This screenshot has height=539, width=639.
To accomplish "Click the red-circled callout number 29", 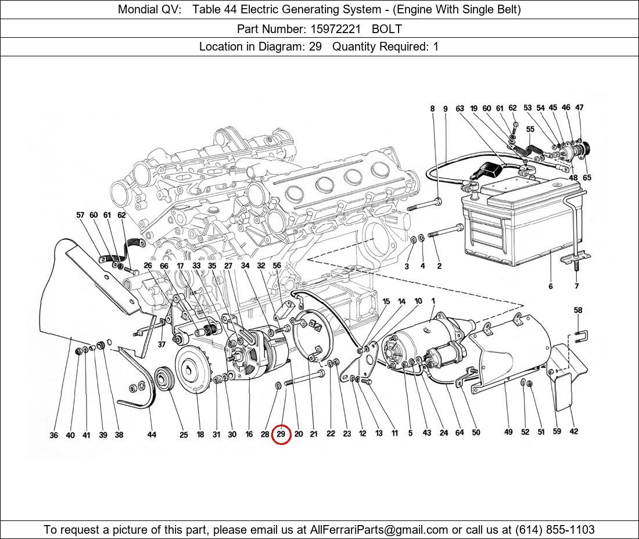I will [281, 434].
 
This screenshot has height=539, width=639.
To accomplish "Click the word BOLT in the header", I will [387, 28].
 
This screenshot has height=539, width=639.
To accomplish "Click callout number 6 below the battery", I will [550, 286].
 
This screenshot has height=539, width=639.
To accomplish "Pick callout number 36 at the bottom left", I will [53, 435].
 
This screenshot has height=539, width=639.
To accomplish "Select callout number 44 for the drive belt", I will [152, 435].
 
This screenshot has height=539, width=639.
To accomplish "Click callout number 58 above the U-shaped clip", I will [578, 311].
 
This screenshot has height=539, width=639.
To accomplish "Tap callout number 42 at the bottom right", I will [574, 431].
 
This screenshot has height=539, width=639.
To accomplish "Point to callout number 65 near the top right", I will [587, 178].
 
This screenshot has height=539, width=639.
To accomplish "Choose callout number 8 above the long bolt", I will [432, 109].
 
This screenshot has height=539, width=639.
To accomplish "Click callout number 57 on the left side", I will [80, 215].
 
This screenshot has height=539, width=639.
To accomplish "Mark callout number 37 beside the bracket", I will [161, 344].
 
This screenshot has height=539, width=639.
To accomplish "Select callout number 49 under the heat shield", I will [508, 432].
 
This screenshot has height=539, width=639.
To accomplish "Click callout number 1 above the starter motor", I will [433, 301].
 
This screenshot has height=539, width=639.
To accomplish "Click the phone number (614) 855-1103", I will [555, 530].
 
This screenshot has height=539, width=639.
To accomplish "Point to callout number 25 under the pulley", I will [184, 435].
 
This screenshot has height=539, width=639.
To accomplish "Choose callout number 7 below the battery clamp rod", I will [576, 286].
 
